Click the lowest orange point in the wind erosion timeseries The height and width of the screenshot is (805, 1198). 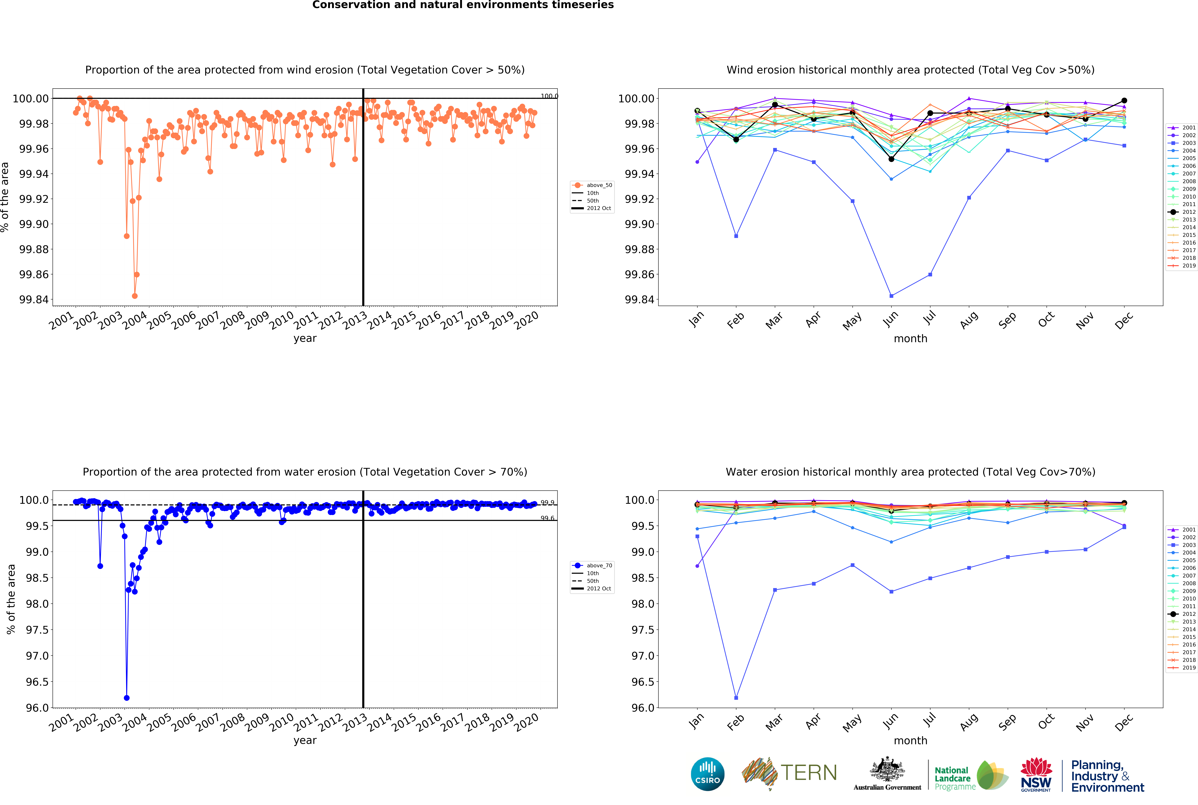click(x=134, y=296)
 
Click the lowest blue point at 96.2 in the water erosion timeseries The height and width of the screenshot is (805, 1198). click(x=127, y=698)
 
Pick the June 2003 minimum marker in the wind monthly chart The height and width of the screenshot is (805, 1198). click(x=891, y=296)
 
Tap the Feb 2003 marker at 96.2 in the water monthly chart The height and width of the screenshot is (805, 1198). click(x=736, y=698)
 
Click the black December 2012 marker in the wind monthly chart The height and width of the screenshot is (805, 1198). click(x=1124, y=101)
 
